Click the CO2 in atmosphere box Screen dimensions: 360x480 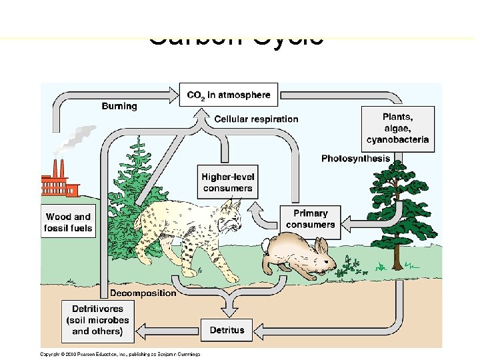tap(229, 95)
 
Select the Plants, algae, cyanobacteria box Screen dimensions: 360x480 tap(398, 128)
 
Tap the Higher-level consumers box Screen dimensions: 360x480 tap(228, 182)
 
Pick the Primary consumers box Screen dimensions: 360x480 tap(311, 219)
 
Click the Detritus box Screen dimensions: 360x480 tap(227, 329)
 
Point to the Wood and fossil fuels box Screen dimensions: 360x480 tap(68, 223)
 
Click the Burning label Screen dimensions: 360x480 tap(119, 106)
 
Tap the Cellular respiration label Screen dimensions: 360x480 tap(256, 119)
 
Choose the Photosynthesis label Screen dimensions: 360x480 tap(355, 159)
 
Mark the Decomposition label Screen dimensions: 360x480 tap(143, 293)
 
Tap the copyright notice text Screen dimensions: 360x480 tap(120, 353)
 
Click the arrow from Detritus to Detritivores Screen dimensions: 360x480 tap(173, 329)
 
